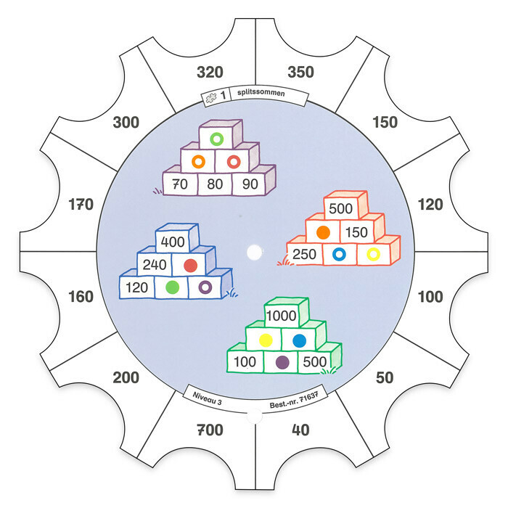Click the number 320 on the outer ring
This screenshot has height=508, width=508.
tap(210, 73)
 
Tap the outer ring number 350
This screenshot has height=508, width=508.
tap(300, 73)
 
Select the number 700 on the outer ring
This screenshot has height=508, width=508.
tap(210, 430)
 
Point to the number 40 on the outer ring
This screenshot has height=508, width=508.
tap(300, 430)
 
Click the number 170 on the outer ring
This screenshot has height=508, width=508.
tap(81, 205)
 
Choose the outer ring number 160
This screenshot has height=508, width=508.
tap(81, 297)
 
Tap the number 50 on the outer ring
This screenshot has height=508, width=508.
tap(385, 378)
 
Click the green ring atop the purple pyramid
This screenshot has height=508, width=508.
tap(216, 139)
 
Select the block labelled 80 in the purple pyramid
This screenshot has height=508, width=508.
tap(215, 184)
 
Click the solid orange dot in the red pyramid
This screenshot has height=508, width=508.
tap(323, 232)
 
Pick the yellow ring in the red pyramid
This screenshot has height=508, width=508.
tap(373, 254)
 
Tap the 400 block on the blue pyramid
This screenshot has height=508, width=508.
tap(173, 242)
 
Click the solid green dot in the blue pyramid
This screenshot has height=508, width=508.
tap(172, 287)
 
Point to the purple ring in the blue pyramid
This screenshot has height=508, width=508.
tap(205, 287)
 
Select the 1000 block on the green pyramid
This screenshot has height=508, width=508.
tap(282, 316)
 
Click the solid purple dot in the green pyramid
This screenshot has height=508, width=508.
tap(282, 362)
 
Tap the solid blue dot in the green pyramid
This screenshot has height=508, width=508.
tap(299, 340)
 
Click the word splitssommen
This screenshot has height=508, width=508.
tap(261, 93)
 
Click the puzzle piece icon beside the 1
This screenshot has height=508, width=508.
tap(211, 97)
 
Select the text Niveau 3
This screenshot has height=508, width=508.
tap(207, 398)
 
